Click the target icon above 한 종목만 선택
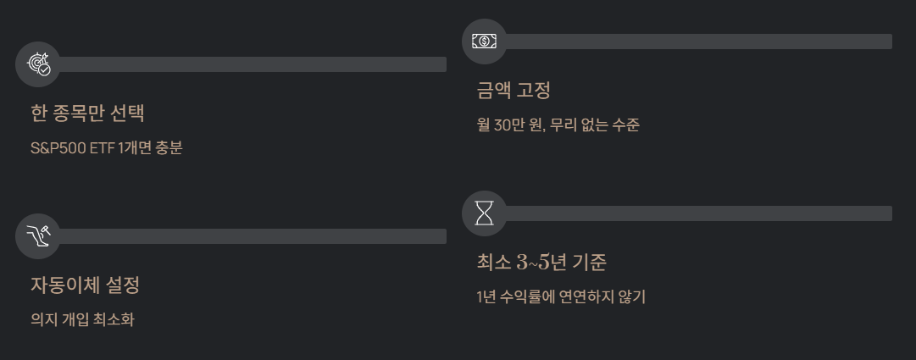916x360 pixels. [38, 64]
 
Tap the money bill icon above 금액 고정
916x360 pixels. [485, 42]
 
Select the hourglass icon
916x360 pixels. [485, 213]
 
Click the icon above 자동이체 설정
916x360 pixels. [38, 236]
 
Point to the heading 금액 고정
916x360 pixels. [514, 90]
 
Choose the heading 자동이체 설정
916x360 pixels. [85, 285]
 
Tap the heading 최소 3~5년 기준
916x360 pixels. [541, 262]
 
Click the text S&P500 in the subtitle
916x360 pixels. [54, 147]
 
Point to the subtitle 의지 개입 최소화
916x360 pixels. [82, 319]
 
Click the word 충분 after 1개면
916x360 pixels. [169, 147]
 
